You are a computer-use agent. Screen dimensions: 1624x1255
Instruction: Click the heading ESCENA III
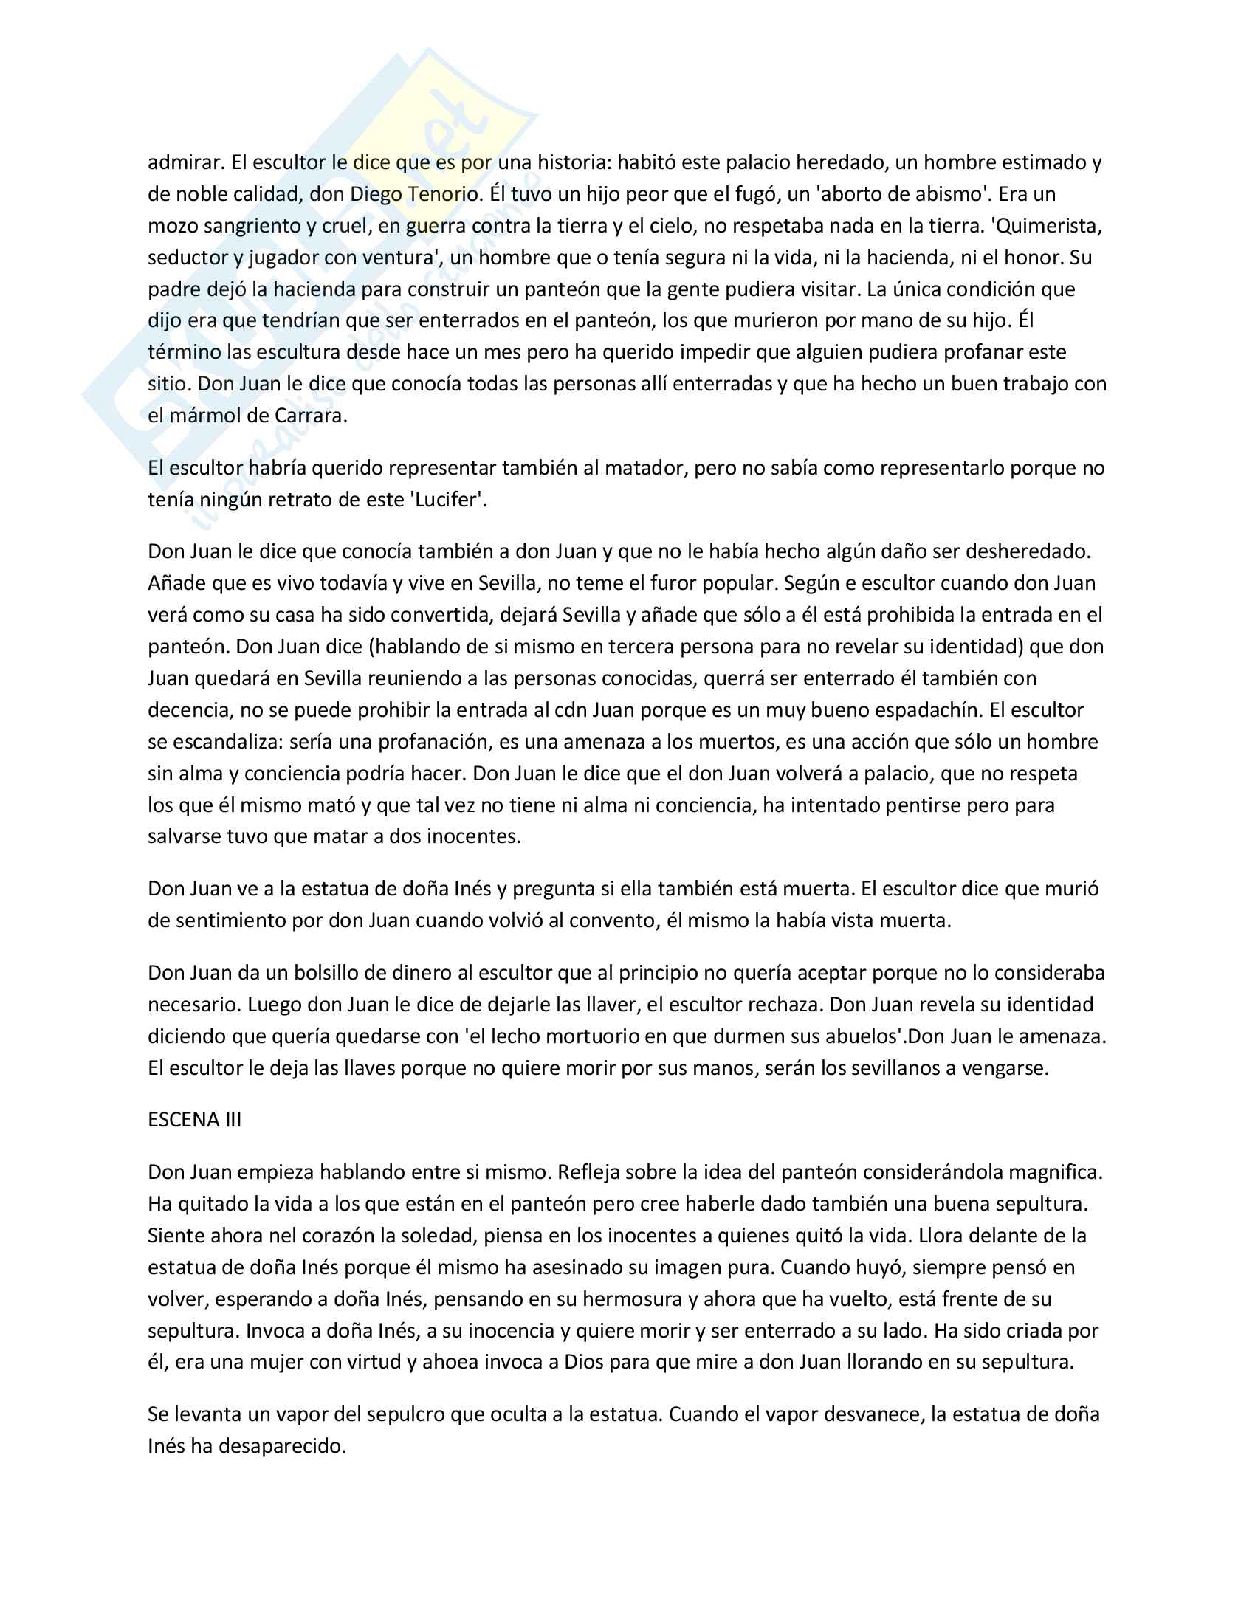tap(194, 1120)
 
